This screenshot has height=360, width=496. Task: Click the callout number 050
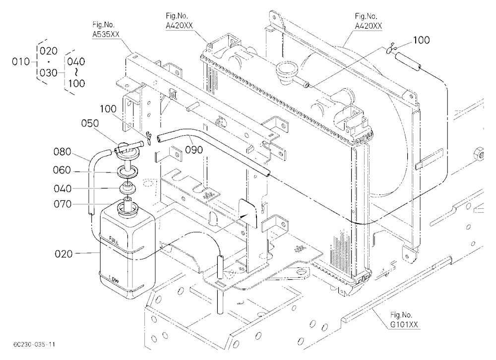click(90, 123)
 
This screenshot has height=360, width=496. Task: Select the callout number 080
click(62, 152)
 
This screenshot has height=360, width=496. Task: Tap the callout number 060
click(62, 170)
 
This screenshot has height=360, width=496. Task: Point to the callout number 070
click(62, 204)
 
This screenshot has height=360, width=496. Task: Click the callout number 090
click(193, 150)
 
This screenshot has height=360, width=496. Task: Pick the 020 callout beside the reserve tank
click(63, 254)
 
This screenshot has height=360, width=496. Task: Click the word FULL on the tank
click(114, 240)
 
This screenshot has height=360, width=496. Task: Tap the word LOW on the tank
click(114, 279)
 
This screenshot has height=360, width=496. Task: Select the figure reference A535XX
click(106, 34)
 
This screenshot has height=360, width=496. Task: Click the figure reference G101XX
click(404, 324)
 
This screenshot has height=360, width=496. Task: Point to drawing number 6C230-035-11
click(34, 344)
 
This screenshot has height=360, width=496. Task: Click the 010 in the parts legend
click(21, 61)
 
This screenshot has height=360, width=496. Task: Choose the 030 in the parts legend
click(49, 73)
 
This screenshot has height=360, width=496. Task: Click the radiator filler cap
click(286, 71)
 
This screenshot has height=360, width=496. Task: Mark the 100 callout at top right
click(421, 40)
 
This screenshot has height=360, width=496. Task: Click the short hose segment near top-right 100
click(408, 61)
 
